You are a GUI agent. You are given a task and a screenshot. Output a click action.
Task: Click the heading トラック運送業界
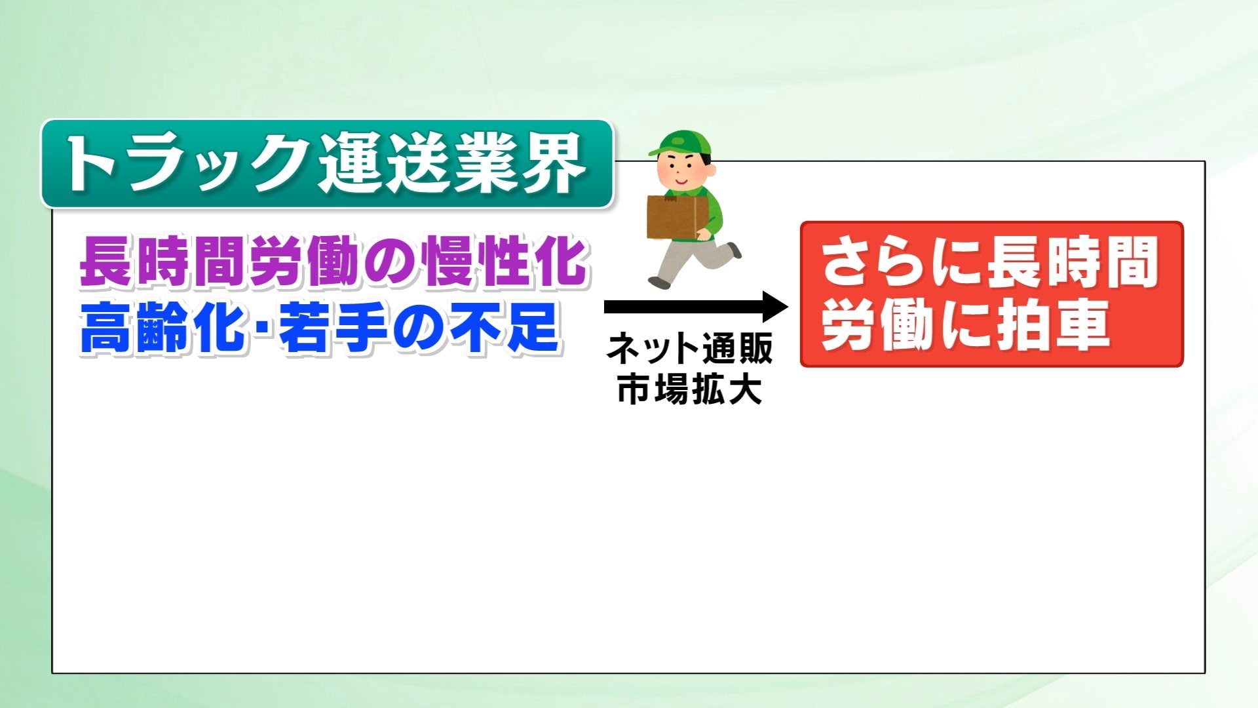tap(326, 163)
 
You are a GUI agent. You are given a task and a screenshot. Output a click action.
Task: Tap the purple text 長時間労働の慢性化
tap(333, 261)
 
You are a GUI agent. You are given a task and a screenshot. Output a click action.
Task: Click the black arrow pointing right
tap(696, 307)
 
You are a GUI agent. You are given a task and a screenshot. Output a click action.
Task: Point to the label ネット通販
tap(689, 348)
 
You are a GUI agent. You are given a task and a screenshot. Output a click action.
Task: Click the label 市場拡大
tap(689, 389)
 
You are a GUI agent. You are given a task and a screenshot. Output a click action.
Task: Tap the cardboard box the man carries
tap(677, 217)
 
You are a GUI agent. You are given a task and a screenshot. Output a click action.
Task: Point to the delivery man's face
tap(681, 172)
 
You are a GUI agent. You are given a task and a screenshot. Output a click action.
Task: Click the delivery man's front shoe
tap(659, 283)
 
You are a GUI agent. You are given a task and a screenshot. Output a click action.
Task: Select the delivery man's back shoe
tap(734, 250)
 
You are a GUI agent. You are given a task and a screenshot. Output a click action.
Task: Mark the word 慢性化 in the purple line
tap(505, 261)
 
